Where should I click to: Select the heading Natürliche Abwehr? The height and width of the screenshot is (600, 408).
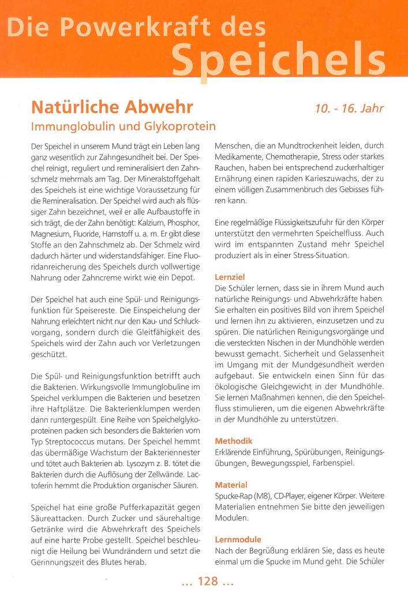(112, 108)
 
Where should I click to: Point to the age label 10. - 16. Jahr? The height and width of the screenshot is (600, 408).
(349, 108)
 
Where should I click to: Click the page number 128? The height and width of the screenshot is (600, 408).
(207, 582)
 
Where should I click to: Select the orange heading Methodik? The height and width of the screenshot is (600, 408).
(234, 441)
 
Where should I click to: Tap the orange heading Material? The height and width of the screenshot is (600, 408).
(231, 485)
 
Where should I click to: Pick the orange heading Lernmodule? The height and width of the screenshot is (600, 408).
(238, 539)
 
